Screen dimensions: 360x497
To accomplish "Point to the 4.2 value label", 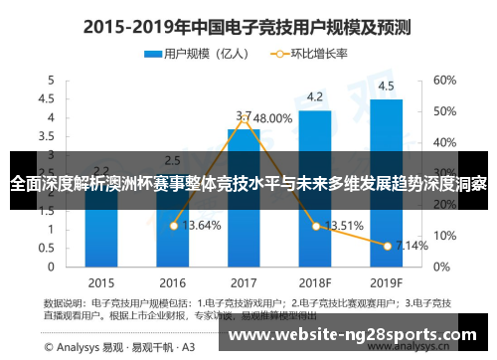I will click(x=314, y=96).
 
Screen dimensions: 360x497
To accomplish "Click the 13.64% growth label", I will click(x=203, y=226).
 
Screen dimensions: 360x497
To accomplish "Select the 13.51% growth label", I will click(x=344, y=225).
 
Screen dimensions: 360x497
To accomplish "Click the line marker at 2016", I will click(x=173, y=226).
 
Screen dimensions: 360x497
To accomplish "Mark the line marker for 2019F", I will click(x=386, y=245).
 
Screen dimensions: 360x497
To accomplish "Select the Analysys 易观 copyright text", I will click(x=109, y=346).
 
